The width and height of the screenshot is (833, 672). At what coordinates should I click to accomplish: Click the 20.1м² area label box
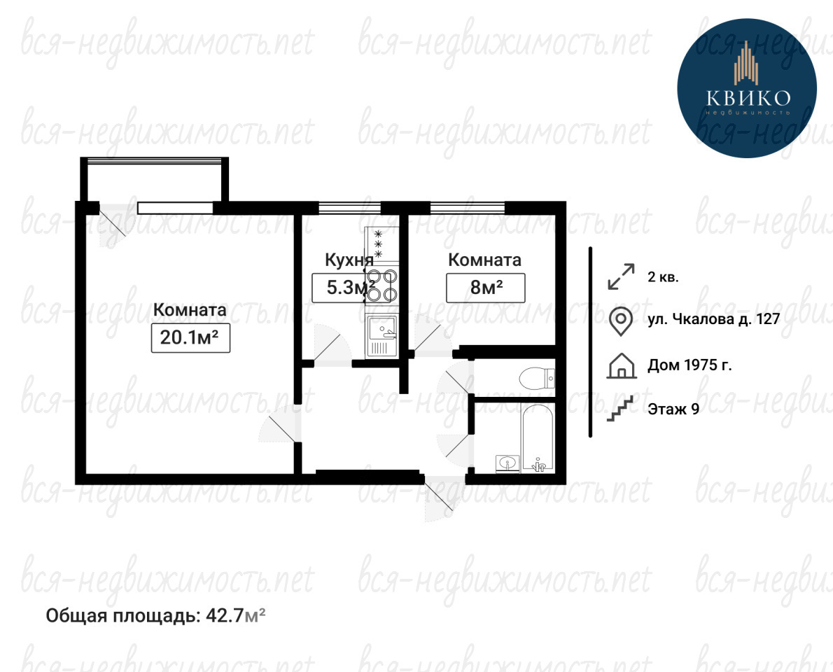190,337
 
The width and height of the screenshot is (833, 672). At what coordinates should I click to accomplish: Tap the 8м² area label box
486,288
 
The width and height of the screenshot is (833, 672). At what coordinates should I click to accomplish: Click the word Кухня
349,260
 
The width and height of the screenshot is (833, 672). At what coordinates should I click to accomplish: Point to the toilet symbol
537,379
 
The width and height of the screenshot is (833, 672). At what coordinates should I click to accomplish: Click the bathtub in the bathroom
538,437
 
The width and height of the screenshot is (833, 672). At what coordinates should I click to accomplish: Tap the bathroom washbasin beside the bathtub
508,463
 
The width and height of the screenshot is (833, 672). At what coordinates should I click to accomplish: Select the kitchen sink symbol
381,336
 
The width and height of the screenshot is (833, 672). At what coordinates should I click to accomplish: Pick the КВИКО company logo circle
747,88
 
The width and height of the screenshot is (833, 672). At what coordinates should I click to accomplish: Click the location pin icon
620,321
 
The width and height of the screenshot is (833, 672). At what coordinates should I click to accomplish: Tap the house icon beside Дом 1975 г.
622,366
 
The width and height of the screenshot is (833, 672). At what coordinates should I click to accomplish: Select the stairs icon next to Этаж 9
621,409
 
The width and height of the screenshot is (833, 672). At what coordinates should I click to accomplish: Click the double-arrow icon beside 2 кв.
621,276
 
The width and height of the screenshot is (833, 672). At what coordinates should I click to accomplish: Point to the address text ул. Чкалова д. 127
713,319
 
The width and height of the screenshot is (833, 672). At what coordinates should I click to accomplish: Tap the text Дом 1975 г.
689,365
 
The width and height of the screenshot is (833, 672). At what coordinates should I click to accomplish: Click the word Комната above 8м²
484,260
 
